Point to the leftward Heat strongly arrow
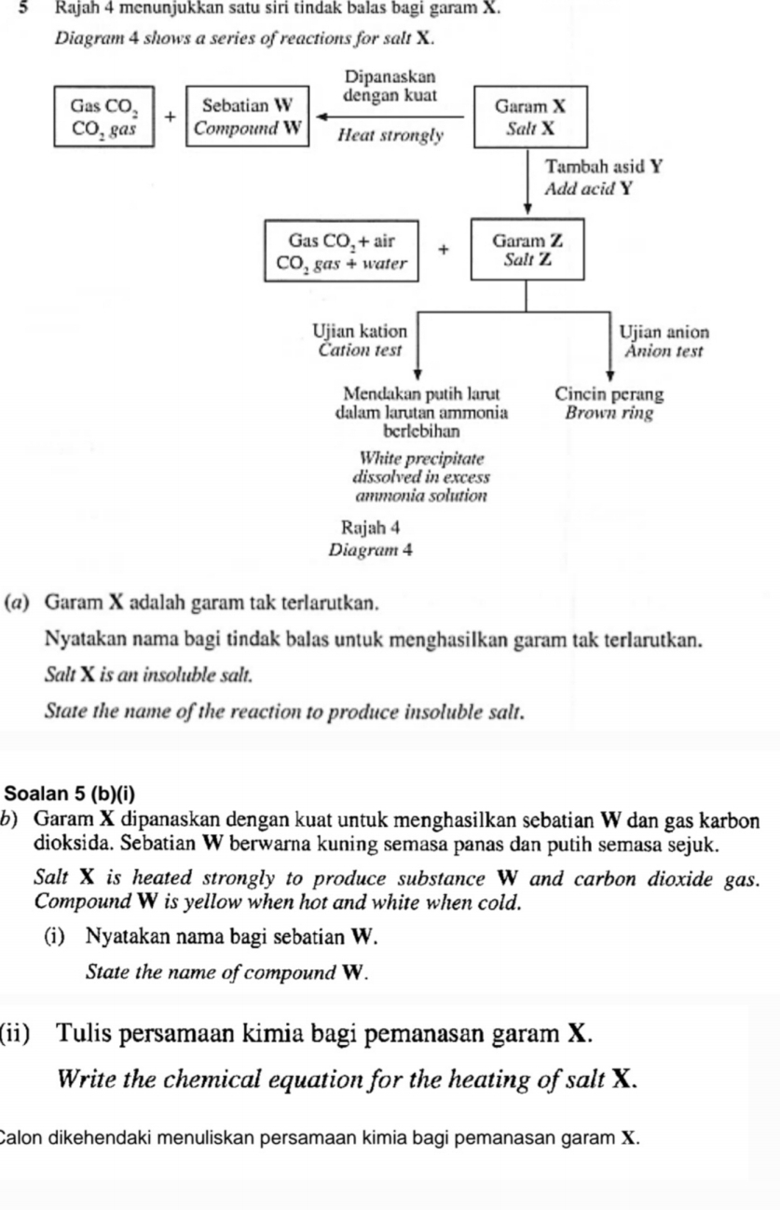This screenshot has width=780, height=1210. [x=391, y=117]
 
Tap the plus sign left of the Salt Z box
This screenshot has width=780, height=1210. [x=444, y=249]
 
